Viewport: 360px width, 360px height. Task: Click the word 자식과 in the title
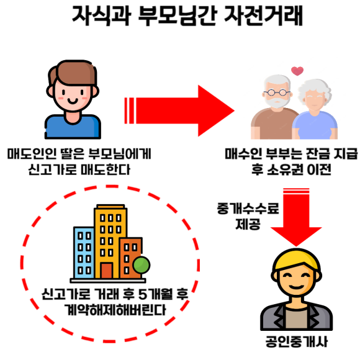pyautogui.click(x=101, y=16)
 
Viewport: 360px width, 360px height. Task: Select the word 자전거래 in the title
pyautogui.click(x=263, y=16)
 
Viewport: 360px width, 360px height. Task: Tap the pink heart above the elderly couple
pyautogui.click(x=297, y=71)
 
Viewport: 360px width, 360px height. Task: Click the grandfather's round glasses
pyautogui.click(x=277, y=92)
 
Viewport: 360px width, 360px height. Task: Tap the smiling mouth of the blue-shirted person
pyautogui.click(x=73, y=101)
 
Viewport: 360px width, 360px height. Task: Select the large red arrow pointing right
pyautogui.click(x=179, y=110)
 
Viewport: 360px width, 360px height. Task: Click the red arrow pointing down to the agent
pyautogui.click(x=296, y=217)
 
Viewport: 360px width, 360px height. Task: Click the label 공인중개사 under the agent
pyautogui.click(x=297, y=342)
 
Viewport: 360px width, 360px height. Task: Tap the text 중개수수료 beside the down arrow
pyautogui.click(x=248, y=209)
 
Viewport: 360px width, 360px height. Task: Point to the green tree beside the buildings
pyautogui.click(x=142, y=265)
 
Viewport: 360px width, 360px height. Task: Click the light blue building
pyautogui.click(x=84, y=253)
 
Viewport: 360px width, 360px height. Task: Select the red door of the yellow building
pyautogui.click(x=107, y=271)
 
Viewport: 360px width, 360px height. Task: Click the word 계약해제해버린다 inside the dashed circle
pyautogui.click(x=115, y=310)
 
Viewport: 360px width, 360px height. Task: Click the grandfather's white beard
pyautogui.click(x=277, y=102)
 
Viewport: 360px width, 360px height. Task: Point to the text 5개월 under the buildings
pyautogui.click(x=156, y=294)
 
